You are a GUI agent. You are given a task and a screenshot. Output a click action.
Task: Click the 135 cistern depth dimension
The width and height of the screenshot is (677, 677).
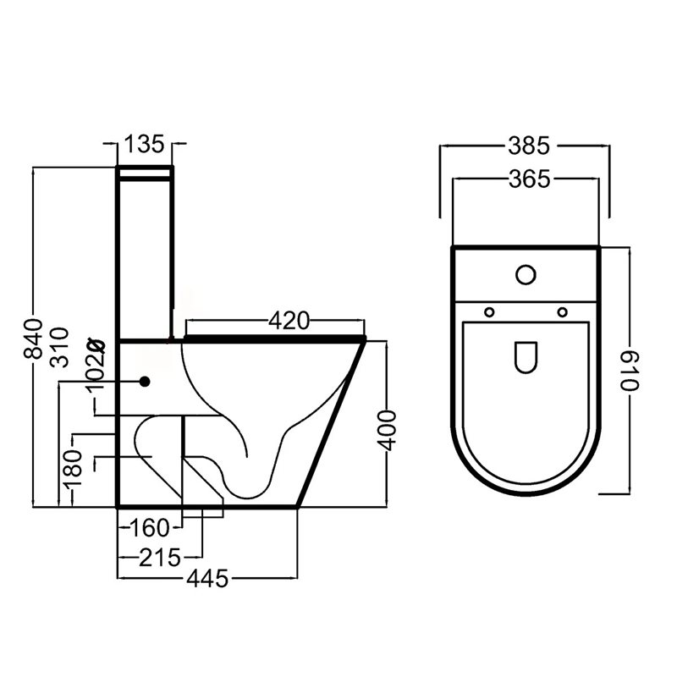[145, 144]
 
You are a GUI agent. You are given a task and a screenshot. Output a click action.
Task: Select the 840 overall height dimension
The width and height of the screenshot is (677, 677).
[33, 339]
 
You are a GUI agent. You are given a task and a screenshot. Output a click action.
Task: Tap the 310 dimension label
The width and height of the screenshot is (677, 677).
[59, 347]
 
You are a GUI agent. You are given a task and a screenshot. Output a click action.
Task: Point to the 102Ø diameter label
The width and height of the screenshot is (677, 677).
[96, 365]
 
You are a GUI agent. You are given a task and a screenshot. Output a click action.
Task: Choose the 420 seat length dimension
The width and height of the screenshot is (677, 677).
[289, 321]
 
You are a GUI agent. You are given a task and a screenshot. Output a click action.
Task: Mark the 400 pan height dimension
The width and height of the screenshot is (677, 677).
[387, 431]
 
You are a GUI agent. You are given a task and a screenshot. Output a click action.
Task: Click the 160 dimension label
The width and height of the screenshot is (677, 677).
[151, 527]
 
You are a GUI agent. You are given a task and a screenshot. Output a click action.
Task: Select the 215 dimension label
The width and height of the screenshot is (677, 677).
[159, 558]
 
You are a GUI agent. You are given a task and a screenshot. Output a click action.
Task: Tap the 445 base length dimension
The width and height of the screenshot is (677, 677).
[207, 579]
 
